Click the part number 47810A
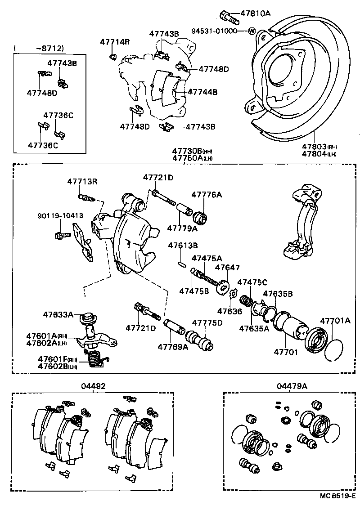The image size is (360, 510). (x=255, y=14)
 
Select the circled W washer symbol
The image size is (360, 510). (x=251, y=31)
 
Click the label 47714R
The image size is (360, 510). (x=115, y=42)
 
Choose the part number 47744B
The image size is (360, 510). (x=202, y=92)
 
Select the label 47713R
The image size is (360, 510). (x=82, y=182)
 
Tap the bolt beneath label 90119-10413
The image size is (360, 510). (x=62, y=235)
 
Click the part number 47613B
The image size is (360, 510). (x=183, y=245)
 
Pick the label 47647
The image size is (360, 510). (x=227, y=268)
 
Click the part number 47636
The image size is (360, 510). (x=229, y=311)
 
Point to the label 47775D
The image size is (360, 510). (x=207, y=322)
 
